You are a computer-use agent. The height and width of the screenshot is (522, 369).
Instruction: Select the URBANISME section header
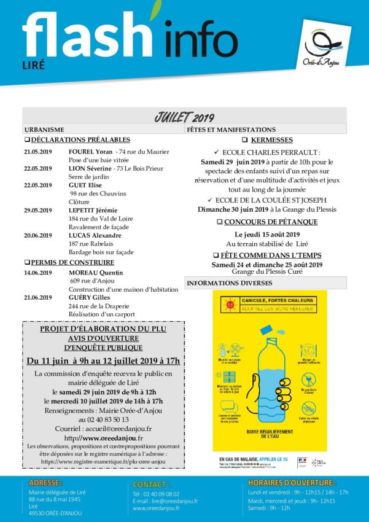44,130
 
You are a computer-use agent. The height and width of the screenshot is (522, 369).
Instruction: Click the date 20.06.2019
38,235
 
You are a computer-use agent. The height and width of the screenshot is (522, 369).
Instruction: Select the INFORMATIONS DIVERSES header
225,283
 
